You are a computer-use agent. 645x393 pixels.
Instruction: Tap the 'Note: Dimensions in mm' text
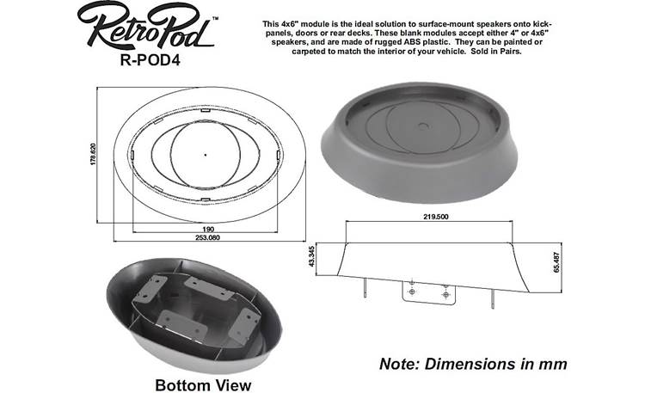pyautogui.click(x=473, y=364)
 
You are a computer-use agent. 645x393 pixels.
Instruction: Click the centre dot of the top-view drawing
pyautogui.click(x=205, y=154)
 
